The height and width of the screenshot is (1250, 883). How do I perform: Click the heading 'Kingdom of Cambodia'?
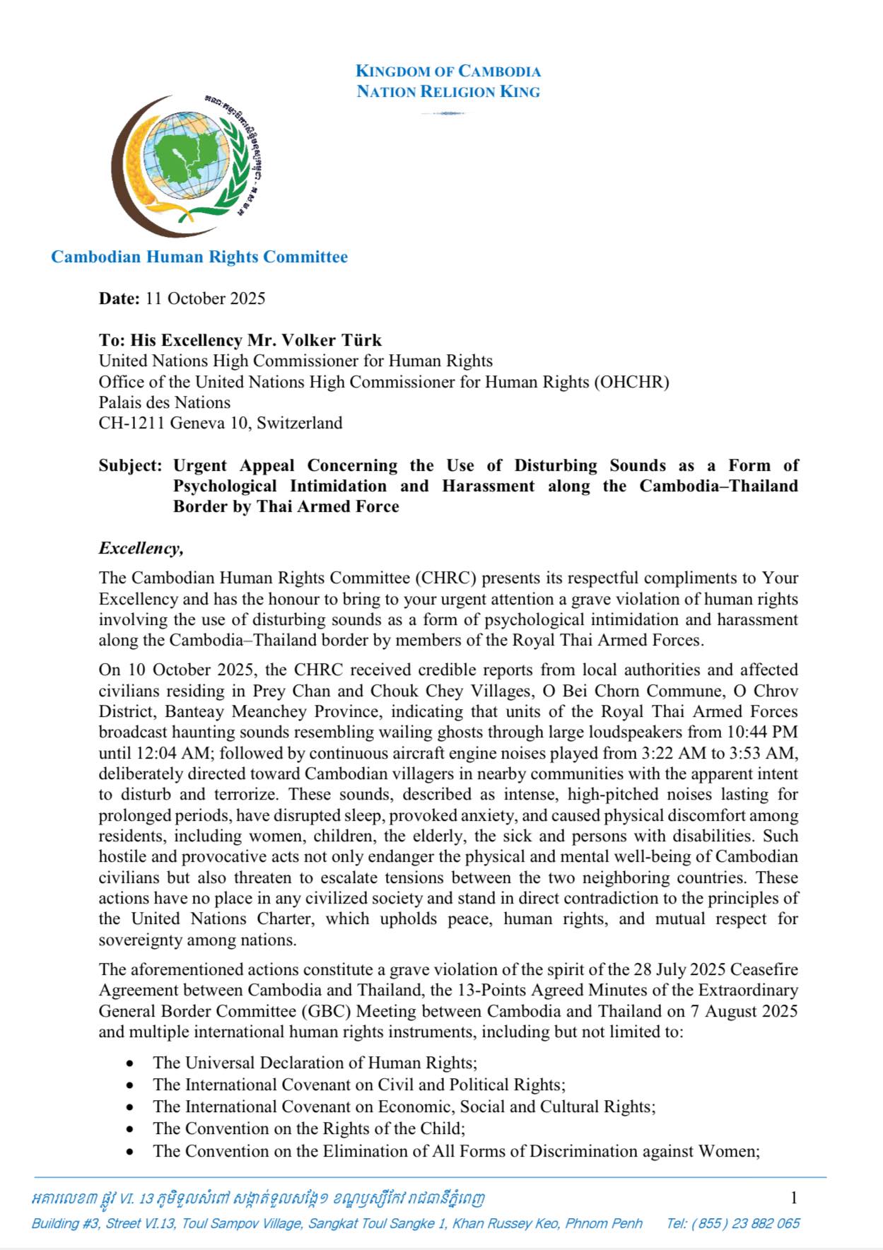point(448,71)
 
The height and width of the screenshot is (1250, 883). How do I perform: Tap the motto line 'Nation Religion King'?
point(448,92)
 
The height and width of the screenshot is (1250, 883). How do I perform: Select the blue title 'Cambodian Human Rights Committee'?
point(199,257)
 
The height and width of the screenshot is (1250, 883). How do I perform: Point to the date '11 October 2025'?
point(205,298)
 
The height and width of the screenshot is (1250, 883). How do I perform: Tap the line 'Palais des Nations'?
point(164,402)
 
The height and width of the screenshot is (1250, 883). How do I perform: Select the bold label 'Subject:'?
point(131,465)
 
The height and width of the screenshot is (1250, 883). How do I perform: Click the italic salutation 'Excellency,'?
point(141,548)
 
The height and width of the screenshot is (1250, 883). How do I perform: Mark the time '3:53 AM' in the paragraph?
point(767,753)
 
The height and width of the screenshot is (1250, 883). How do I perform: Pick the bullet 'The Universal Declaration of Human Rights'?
point(315,1063)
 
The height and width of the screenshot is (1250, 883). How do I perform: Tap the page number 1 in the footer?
point(794,1198)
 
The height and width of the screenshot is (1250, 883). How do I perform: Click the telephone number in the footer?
point(733,1223)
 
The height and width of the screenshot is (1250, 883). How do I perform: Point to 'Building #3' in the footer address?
point(65,1223)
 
